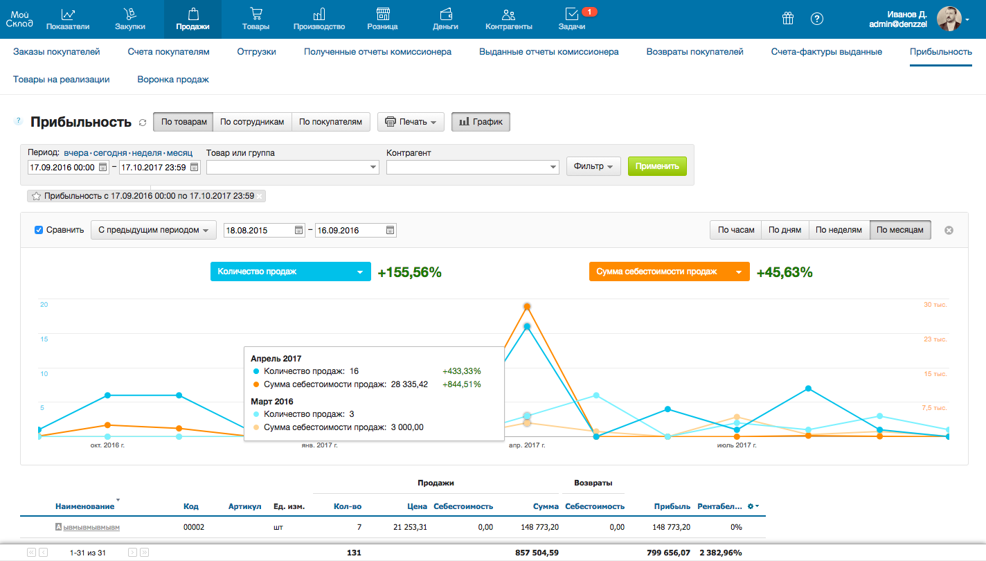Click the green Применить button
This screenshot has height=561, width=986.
pyautogui.click(x=657, y=166)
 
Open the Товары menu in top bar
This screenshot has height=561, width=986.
pyautogui.click(x=256, y=19)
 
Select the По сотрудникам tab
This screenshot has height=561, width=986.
pyautogui.click(x=252, y=122)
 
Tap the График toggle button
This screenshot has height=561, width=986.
pyautogui.click(x=481, y=122)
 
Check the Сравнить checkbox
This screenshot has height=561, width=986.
pyautogui.click(x=39, y=230)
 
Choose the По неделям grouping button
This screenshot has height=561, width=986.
pyautogui.click(x=839, y=230)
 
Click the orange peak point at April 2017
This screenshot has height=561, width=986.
pyautogui.click(x=528, y=306)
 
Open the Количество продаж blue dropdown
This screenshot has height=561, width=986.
pyautogui.click(x=290, y=271)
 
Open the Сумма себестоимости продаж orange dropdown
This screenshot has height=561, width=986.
pyautogui.click(x=669, y=271)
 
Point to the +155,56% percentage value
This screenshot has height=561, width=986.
pyautogui.click(x=409, y=272)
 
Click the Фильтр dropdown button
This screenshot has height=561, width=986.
pyautogui.click(x=593, y=166)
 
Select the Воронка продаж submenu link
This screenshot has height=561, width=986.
pyautogui.click(x=173, y=80)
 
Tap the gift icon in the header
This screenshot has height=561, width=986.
pyautogui.click(x=787, y=19)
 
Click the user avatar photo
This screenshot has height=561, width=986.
pyautogui.click(x=949, y=19)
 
